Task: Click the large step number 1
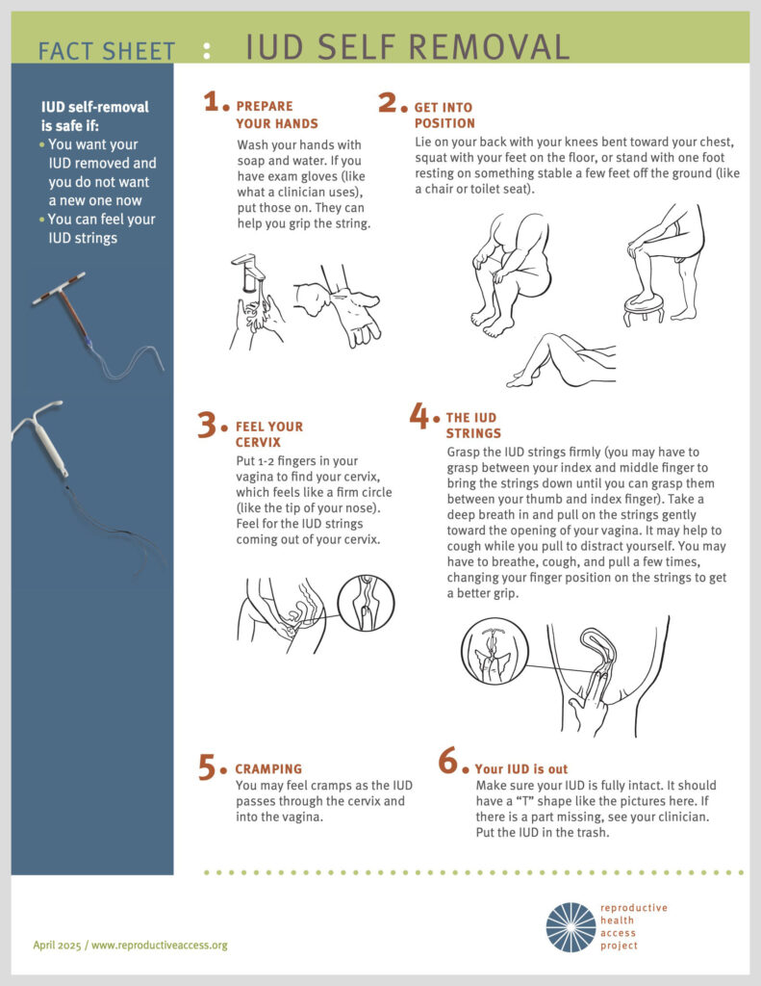pos(214,103)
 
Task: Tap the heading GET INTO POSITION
pos(444,116)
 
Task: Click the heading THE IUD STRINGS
pos(472,426)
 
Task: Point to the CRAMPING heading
pos(268,769)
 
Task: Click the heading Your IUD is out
pos(520,769)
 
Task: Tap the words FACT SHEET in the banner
pos(107,51)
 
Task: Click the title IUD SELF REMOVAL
pos(407,46)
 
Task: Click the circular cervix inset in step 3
pos(366,603)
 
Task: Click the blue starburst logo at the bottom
pos(571,926)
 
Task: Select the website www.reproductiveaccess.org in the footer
pos(160,945)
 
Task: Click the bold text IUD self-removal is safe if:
pos(95,116)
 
